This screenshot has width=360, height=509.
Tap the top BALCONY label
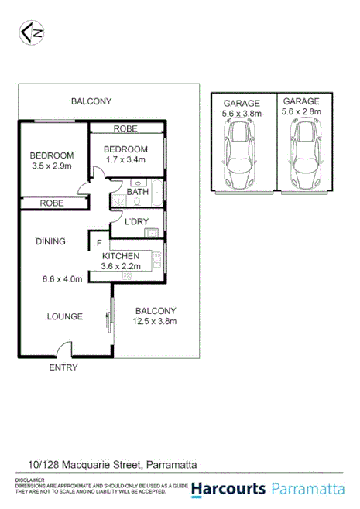(x=91, y=101)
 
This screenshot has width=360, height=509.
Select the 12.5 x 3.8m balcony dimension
(x=154, y=322)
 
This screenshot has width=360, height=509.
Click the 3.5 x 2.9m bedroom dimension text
(x=51, y=166)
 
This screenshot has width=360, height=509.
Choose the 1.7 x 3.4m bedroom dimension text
(x=125, y=160)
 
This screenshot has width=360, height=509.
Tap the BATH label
(x=137, y=191)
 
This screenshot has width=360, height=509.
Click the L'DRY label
(x=136, y=222)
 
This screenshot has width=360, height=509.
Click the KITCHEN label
(x=121, y=256)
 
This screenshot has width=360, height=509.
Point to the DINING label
(x=50, y=241)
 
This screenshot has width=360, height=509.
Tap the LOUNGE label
(x=64, y=316)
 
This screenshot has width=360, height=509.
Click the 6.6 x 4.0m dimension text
(x=63, y=279)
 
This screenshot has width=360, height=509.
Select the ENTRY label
(x=63, y=367)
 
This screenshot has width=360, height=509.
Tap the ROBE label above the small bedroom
(x=126, y=129)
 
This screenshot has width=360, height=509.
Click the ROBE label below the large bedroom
(x=52, y=203)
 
